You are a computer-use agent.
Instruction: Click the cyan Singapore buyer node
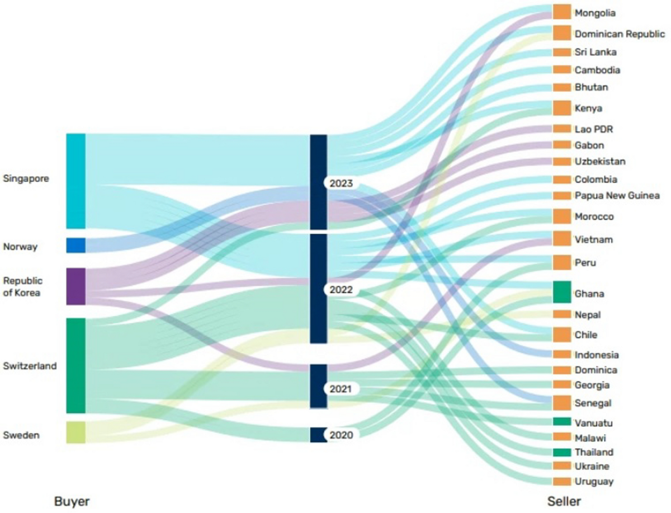[76, 181]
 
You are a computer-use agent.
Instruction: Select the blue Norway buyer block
[76, 246]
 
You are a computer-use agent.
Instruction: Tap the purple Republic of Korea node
[76, 286]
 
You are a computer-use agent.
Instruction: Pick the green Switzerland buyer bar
[76, 365]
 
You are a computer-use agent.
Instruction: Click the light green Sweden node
[76, 432]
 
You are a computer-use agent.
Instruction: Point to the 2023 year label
[341, 183]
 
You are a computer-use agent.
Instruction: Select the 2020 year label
[341, 435]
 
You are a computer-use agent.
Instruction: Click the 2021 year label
[341, 389]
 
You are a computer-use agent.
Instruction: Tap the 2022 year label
[341, 290]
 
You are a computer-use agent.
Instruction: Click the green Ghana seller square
[561, 292]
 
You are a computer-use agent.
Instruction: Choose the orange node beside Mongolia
[561, 12]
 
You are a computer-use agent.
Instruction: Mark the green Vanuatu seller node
[561, 421]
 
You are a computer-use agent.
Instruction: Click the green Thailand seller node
[561, 452]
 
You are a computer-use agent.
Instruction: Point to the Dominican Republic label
[620, 34]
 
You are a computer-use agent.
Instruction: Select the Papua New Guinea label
[617, 196]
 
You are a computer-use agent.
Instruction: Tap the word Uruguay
[594, 482]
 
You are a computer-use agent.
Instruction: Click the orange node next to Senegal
[561, 403]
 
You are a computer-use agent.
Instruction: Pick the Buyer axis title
[72, 501]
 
